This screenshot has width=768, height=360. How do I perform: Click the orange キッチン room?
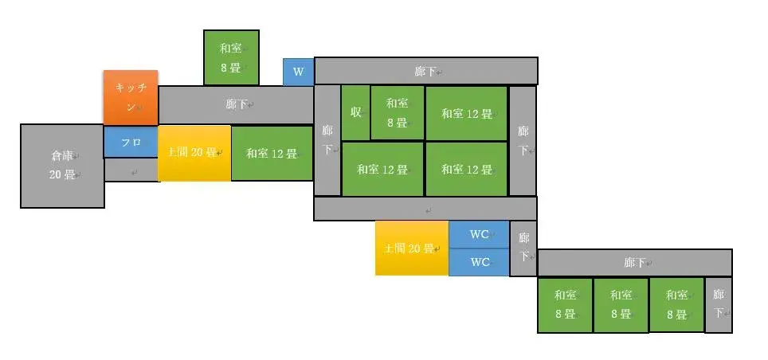point(130,97)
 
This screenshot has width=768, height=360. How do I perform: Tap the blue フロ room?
point(131,142)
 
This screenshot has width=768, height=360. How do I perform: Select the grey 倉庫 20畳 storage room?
point(62,166)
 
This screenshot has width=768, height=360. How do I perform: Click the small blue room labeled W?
point(298,72)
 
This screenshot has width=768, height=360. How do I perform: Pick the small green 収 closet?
point(355,112)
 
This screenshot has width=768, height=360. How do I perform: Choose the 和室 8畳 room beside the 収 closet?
point(397,112)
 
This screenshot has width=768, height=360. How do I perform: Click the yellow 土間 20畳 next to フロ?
point(194,153)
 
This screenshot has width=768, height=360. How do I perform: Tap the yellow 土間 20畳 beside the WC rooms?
point(411,248)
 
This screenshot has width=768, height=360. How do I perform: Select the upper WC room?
point(479,234)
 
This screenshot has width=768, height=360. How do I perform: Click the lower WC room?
point(479,262)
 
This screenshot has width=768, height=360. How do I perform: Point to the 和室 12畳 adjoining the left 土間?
point(272,153)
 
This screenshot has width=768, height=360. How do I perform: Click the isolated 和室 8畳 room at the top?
point(231,57)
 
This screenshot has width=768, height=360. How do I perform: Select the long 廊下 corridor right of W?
point(425,71)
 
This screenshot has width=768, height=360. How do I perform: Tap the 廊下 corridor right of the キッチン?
point(236,105)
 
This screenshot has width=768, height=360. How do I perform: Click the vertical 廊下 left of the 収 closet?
point(327,140)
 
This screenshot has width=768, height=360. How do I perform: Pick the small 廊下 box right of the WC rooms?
point(523,248)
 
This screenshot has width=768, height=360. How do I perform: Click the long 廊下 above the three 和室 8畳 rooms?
point(634,262)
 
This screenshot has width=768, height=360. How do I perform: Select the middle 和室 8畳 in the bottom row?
point(621,305)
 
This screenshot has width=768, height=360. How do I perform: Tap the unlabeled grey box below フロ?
point(131,170)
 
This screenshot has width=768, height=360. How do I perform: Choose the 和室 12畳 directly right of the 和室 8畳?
point(466,113)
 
